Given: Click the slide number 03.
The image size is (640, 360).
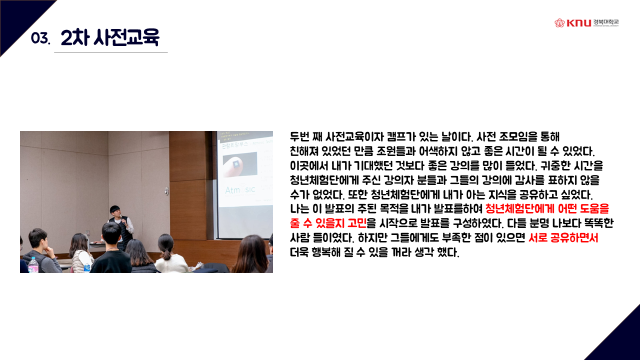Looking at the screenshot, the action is pyautogui.click(x=40, y=38).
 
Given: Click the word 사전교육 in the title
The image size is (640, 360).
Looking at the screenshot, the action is pyautogui.click(x=126, y=37).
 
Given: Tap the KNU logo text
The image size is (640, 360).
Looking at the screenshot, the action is pyautogui.click(x=578, y=23).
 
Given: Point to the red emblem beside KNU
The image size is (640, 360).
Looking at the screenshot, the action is pyautogui.click(x=559, y=23).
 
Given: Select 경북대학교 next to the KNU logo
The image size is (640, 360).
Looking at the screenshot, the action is pyautogui.click(x=605, y=22).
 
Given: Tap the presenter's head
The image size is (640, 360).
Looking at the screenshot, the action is pyautogui.click(x=115, y=211).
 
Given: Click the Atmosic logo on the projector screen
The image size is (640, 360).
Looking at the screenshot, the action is pyautogui.click(x=240, y=189).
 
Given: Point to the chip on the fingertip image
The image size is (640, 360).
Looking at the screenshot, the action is pyautogui.click(x=236, y=164).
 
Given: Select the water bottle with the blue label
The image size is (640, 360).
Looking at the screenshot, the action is pyautogui.click(x=87, y=267).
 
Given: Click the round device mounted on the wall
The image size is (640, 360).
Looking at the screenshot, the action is pyautogui.click(x=166, y=191).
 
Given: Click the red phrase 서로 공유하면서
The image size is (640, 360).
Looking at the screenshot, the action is pyautogui.click(x=563, y=237).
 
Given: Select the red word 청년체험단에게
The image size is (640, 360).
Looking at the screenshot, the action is pyautogui.click(x=518, y=208).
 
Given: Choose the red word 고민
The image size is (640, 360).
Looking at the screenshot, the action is pyautogui.click(x=357, y=223).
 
